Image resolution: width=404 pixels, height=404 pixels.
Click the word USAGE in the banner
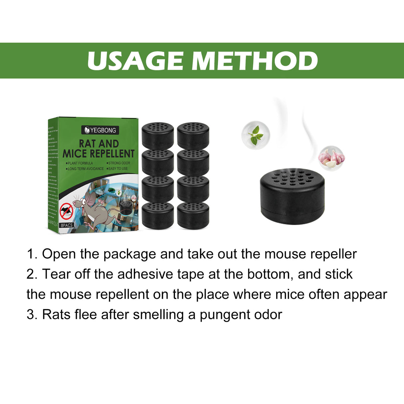click(x=135, y=61)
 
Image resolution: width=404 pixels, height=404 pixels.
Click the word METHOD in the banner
click(x=255, y=61)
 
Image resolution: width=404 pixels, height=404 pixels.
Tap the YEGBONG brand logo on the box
click(x=100, y=130)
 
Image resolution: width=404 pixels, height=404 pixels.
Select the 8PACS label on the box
click(x=67, y=225)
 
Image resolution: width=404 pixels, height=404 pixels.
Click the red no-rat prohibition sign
click(x=67, y=211)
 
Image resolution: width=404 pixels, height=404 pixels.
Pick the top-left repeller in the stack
click(x=158, y=135)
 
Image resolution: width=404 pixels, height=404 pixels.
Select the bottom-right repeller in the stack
click(x=193, y=215)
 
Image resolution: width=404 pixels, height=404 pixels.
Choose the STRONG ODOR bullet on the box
click(x=119, y=163)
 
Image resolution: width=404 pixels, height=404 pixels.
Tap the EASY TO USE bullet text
click(x=118, y=169)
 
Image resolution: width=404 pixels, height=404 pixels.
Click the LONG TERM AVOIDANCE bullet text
click(x=86, y=169)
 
